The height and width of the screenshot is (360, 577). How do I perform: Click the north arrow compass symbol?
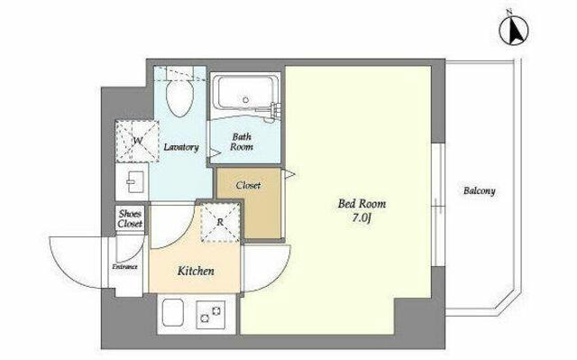(x=513, y=30)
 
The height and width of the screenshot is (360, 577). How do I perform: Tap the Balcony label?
(x=479, y=190)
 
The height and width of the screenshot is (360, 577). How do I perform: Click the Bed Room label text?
(x=362, y=203)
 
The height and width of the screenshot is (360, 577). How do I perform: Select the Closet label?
(x=249, y=185)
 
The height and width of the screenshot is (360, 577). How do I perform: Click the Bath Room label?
(x=242, y=142)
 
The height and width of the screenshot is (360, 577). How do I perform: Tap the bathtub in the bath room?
(x=246, y=92)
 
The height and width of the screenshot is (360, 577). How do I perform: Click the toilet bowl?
(x=180, y=98)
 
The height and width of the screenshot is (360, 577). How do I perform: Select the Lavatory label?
(x=181, y=147)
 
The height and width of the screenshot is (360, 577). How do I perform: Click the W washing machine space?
(x=137, y=141)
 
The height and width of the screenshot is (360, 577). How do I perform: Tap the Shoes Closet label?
(x=130, y=218)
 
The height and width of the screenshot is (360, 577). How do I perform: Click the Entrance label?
(x=125, y=267)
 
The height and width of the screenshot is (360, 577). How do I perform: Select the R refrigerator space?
(x=221, y=222)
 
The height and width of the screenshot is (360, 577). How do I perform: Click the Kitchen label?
(x=196, y=272)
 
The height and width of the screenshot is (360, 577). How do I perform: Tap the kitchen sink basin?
(x=173, y=312)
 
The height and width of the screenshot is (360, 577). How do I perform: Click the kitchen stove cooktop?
(x=211, y=314)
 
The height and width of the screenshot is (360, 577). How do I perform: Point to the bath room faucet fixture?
(x=273, y=110)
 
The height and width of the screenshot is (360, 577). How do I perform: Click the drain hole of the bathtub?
(x=245, y=99)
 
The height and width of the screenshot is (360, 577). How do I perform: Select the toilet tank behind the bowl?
(x=180, y=72)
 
